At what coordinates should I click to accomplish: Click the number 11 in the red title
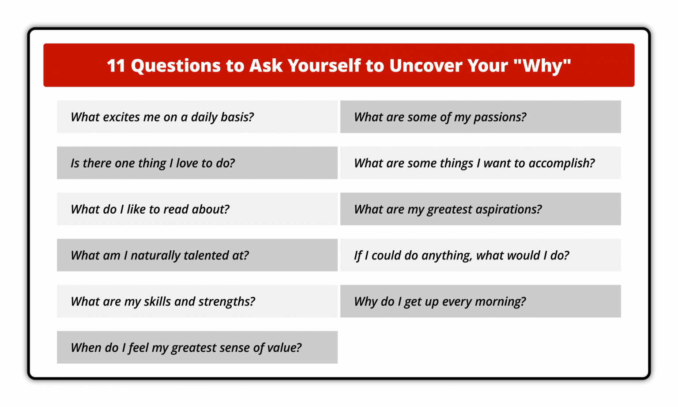click(x=116, y=66)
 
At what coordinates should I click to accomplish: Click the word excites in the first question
click(x=121, y=117)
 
